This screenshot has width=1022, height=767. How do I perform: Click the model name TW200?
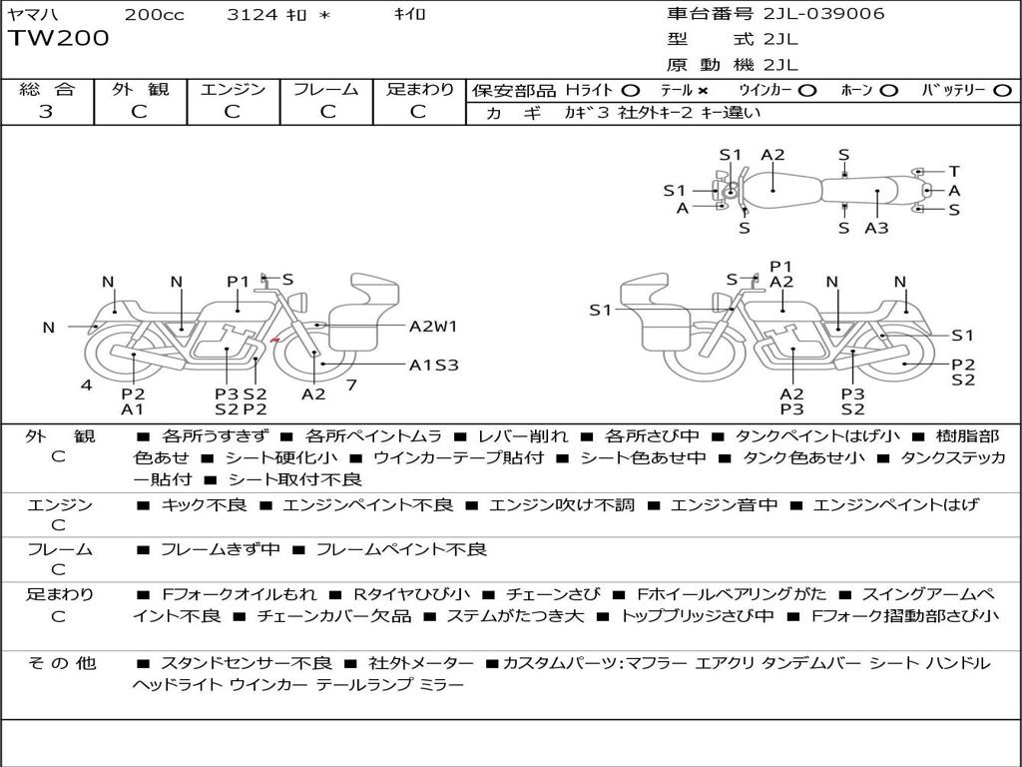[x=59, y=39]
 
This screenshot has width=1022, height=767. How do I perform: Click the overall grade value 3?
[x=46, y=112]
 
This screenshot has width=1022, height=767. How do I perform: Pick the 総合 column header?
[x=46, y=90]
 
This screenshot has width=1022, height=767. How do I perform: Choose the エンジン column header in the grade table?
[x=233, y=90]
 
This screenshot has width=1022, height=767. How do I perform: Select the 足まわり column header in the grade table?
[x=420, y=90]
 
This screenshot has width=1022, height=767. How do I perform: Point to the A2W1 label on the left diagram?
[x=433, y=326]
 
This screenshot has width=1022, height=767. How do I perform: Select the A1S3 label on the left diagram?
[x=433, y=365]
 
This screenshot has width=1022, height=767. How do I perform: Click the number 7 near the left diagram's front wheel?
[x=351, y=384]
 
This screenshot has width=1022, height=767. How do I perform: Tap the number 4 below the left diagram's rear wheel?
[x=87, y=384]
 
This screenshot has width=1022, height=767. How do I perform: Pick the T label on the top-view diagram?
[x=954, y=171]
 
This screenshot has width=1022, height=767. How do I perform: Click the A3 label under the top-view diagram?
[x=876, y=228]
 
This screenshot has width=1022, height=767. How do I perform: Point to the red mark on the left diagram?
[x=274, y=342]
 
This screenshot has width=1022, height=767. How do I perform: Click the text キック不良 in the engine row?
[x=205, y=505]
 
